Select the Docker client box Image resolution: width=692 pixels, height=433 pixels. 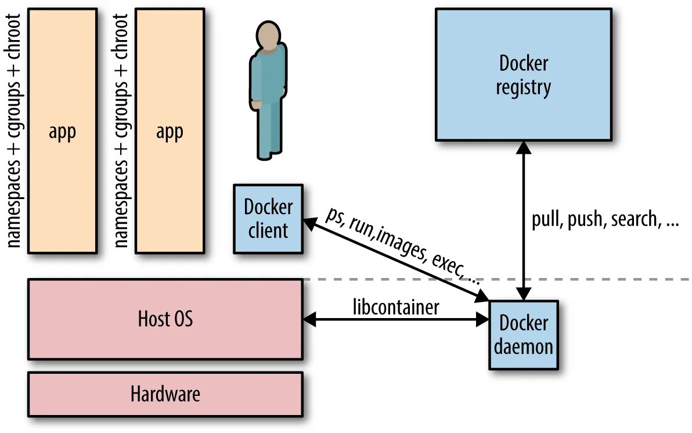pos(268,219)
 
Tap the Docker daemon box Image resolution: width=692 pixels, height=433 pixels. pos(524,335)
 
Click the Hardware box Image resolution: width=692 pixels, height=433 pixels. pos(165,394)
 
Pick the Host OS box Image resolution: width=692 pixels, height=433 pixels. pos(165,319)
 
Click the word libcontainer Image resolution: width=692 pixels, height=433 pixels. pos(396,307)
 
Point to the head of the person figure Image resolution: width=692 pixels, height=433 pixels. pos(267,36)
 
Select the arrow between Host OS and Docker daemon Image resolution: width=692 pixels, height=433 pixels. pos(396,319)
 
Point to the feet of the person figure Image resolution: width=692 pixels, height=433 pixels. pos(268,155)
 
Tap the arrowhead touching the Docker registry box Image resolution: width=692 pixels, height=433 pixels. pos(524,147)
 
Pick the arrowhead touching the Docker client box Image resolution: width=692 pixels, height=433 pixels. pos(311,223)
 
